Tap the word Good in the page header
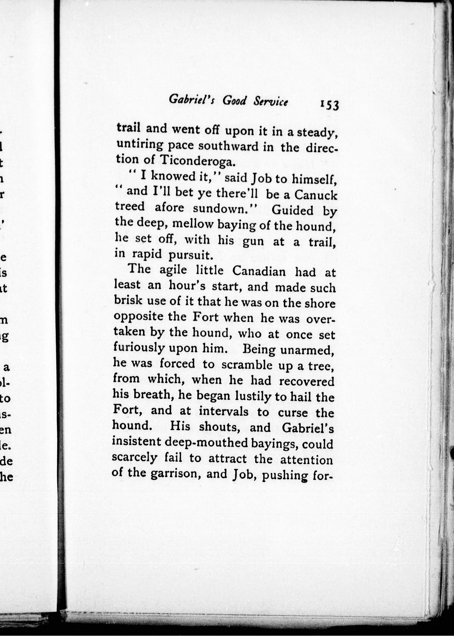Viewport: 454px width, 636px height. coord(234,100)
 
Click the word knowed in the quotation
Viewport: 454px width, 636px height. coord(171,176)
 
